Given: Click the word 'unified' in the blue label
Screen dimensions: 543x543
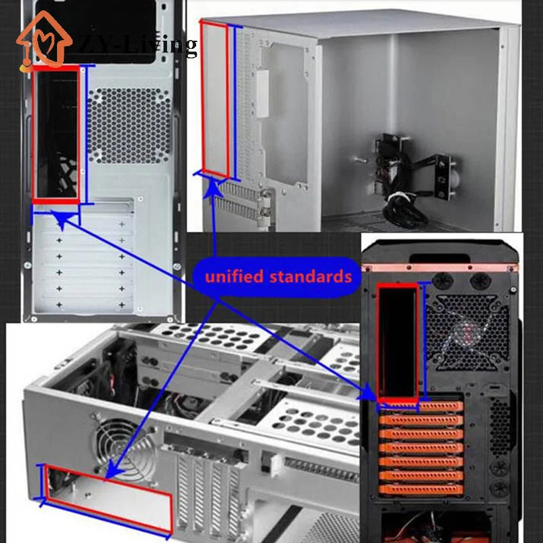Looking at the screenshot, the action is point(234,277).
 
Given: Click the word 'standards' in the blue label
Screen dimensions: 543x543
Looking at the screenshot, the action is point(311,277).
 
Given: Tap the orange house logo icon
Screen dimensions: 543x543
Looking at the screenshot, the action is point(44,41).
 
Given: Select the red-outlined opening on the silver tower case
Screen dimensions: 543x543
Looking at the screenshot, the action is point(56,134).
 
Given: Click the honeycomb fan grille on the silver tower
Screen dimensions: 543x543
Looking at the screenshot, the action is point(130,126).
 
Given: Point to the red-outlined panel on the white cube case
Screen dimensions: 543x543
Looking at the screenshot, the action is point(214,99).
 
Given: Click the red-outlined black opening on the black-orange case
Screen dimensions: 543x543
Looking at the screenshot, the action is point(398,343).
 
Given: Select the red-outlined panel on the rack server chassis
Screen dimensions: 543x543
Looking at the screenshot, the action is point(109,498).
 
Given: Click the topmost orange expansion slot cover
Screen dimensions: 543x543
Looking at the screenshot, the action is point(421,406).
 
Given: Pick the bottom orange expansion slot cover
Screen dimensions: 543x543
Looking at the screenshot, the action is point(421,489).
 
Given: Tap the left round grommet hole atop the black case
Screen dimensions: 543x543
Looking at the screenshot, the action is point(443,280).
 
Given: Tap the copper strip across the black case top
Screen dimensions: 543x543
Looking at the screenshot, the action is point(439,267).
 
